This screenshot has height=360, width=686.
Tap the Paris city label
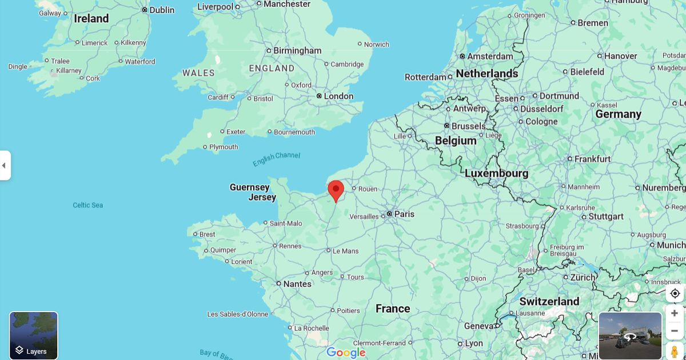(404, 214)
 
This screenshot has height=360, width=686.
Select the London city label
(338, 96)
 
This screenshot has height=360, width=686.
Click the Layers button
(34, 335)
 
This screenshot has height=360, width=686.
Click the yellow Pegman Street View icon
(675, 351)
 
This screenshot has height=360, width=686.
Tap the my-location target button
(675, 293)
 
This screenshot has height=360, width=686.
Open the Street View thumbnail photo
(630, 335)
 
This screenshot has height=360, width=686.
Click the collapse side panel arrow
(5, 165)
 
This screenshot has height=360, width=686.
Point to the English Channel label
(276, 159)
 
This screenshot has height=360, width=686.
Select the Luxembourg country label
(496, 173)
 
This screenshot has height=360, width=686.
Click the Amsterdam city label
(490, 56)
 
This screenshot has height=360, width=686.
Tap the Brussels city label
(468, 126)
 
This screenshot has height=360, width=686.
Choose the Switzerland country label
(549, 301)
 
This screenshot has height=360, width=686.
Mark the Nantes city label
(297, 284)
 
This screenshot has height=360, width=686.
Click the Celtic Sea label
(88, 205)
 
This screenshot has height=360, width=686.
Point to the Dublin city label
(162, 10)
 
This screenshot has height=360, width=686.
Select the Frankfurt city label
(592, 159)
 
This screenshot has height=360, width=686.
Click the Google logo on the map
(346, 353)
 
